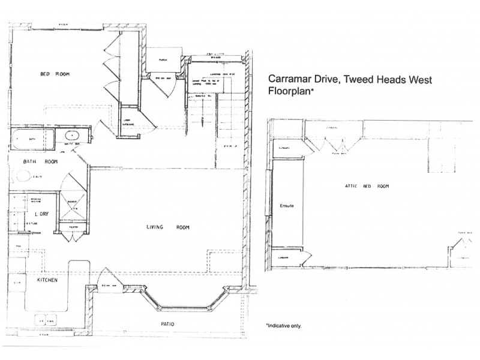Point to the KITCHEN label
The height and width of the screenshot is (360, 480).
coord(47,280)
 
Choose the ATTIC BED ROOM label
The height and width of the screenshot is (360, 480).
coord(368,187)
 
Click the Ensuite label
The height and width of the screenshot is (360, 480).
coord(287,206)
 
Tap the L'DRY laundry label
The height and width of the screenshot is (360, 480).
coord(41,214)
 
